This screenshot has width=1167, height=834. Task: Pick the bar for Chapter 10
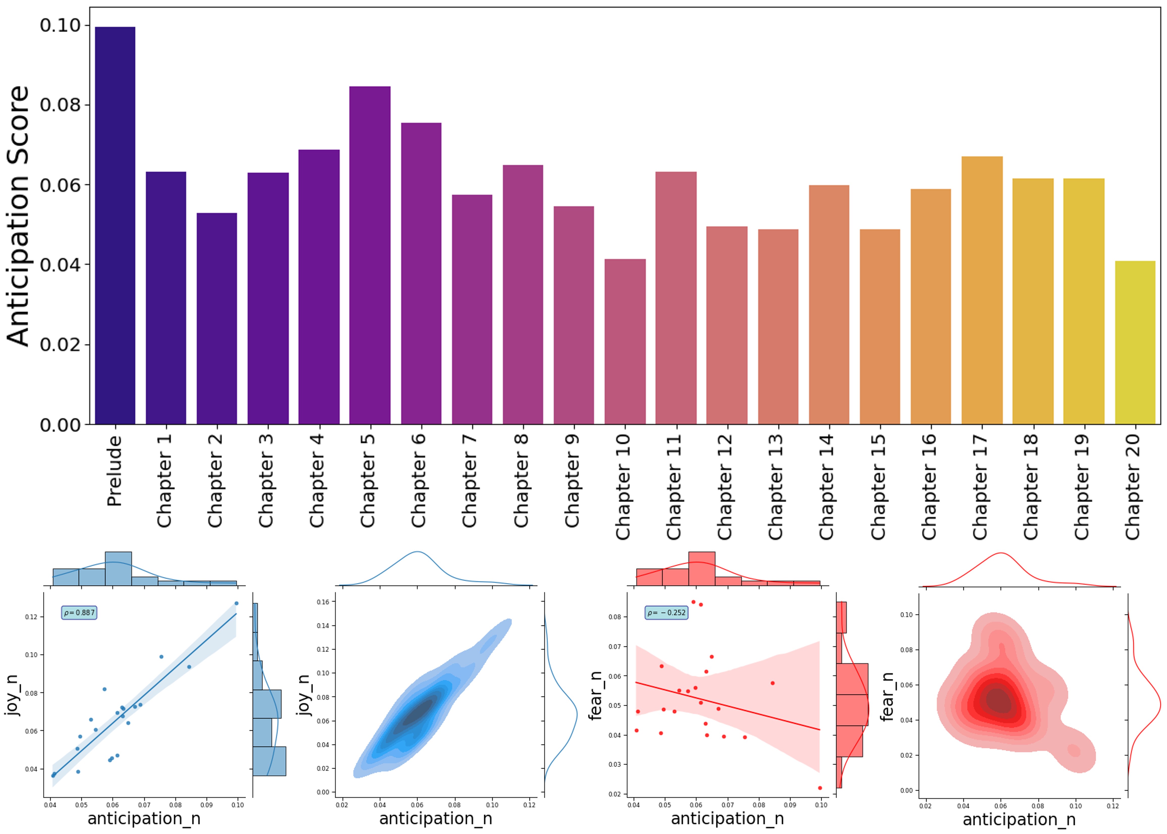(625, 342)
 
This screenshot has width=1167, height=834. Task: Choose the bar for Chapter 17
(982, 290)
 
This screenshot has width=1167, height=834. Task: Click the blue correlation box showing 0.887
(79, 613)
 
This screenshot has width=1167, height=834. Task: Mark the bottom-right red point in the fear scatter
(820, 788)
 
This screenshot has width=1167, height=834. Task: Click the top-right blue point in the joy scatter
(236, 604)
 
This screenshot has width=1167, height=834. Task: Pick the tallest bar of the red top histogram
(701, 568)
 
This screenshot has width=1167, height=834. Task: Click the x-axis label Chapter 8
(521, 480)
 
